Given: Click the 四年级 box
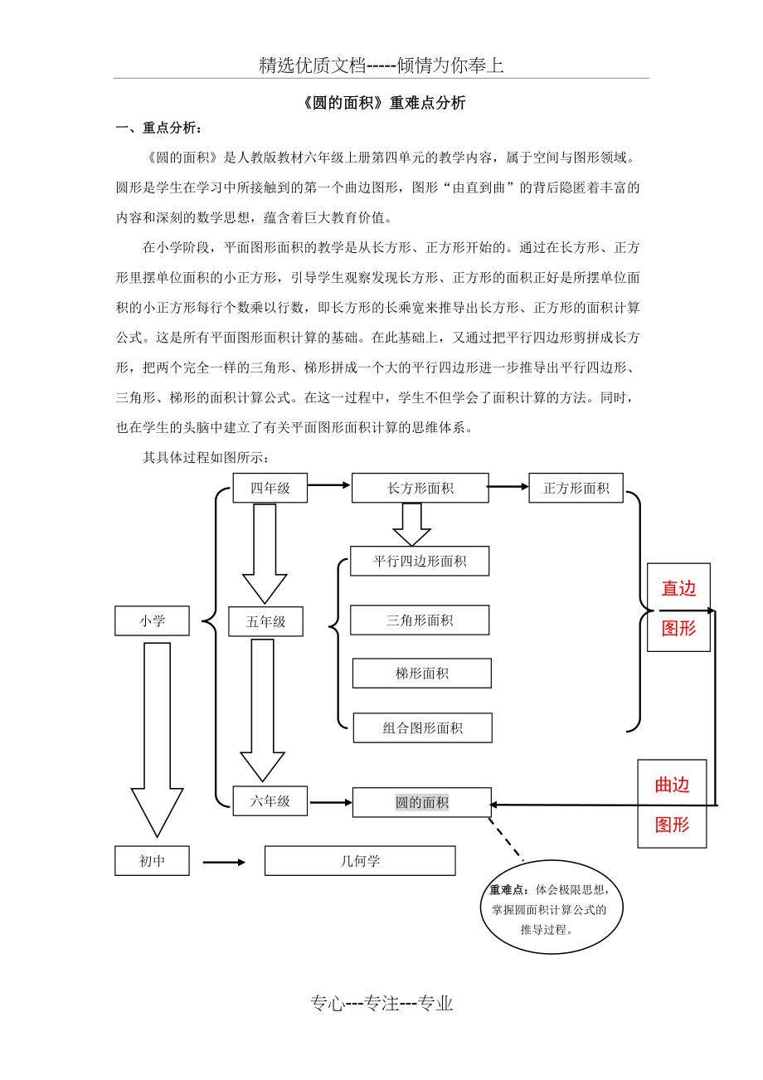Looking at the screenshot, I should point(270,488).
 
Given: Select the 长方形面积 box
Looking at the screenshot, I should point(420,488).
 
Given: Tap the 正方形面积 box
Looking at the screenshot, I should point(576,488).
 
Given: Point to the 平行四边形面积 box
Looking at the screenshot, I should point(420,561).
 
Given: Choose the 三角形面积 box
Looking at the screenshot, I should point(420,620).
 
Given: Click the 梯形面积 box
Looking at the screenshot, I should point(421,673).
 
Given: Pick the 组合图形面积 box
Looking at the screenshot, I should point(422,727).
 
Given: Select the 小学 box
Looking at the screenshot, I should point(152,620).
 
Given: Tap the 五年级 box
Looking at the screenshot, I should point(265,621).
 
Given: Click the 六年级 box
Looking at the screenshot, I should point(270,800).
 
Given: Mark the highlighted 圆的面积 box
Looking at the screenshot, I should point(421,802).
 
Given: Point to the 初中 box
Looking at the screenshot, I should point(152,860).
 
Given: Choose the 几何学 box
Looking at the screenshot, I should point(360,860).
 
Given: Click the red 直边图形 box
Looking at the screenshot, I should point(678,607).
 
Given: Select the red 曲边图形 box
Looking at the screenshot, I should point(672,803).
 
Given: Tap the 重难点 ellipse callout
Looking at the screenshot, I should point(551,907).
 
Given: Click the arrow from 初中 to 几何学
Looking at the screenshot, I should point(224,862).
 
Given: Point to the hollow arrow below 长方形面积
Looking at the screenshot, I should point(411,523).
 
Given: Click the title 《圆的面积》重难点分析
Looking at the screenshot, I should point(381,103).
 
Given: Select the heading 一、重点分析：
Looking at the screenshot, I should point(158,128).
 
